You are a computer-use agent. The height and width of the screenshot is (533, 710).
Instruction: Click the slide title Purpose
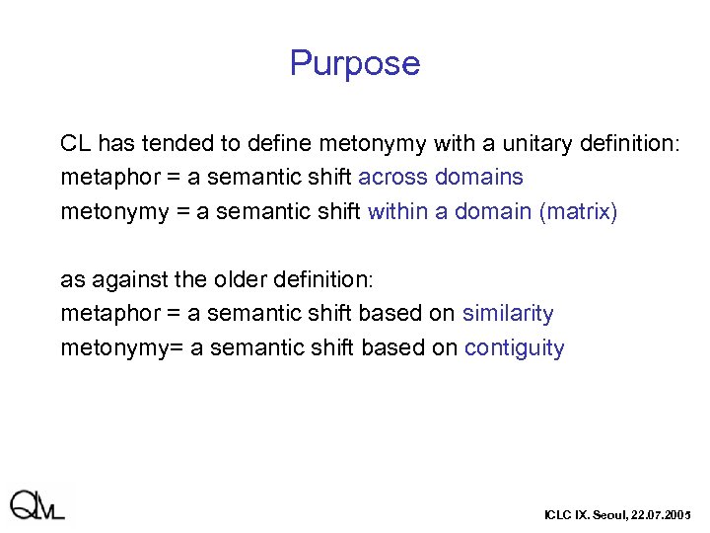pyautogui.click(x=355, y=63)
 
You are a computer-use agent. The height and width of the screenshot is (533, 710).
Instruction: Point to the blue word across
pyautogui.click(x=392, y=178)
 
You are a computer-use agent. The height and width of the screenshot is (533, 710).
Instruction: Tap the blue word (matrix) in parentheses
pyautogui.click(x=578, y=212)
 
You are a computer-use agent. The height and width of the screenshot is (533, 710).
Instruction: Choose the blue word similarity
pyautogui.click(x=508, y=314)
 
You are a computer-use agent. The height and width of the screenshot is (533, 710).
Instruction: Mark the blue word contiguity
pyautogui.click(x=514, y=348)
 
